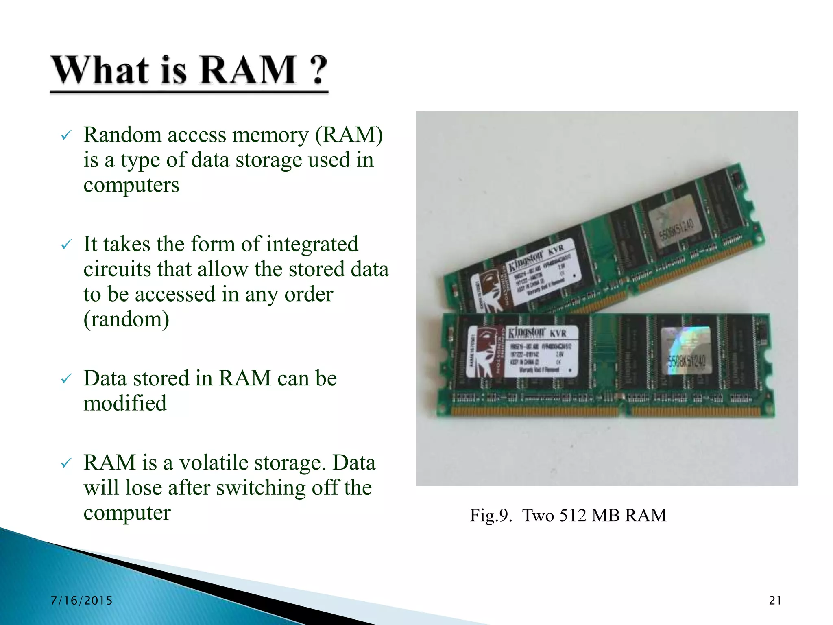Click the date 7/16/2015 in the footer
[x=81, y=601]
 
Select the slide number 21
[x=775, y=601]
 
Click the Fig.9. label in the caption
[x=491, y=516]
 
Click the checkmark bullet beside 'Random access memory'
[x=66, y=135]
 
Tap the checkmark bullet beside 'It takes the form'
[x=66, y=245]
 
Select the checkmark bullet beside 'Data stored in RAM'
[x=66, y=379]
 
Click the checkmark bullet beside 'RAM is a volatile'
[x=66, y=463]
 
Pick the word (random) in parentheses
[x=126, y=319]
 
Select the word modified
[x=125, y=404]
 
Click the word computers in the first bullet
[x=131, y=185]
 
